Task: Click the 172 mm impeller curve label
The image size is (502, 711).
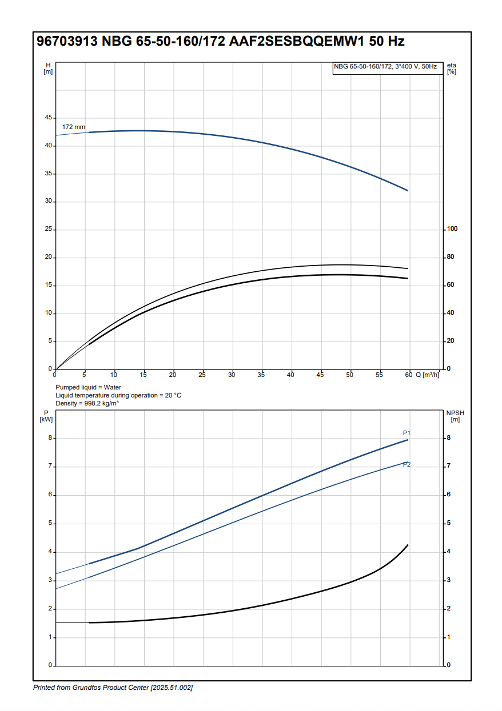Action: coord(73,127)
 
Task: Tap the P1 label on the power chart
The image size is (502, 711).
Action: coord(407,433)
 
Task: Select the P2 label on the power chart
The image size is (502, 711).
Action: coord(407,464)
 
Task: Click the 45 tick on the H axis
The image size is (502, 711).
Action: coord(48,118)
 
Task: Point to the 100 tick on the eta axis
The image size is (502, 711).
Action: coord(452,229)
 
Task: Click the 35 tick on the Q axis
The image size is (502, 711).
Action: coord(261,375)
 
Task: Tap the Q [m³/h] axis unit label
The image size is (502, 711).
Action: coord(427,375)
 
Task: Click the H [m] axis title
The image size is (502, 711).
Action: coord(48,68)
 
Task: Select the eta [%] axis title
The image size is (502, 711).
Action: coord(452,68)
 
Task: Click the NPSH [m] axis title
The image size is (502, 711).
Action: coord(454,416)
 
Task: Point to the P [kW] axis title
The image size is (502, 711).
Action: coord(46,416)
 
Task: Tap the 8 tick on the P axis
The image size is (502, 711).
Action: coord(50,438)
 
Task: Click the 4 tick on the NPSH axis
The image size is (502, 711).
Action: coord(448,552)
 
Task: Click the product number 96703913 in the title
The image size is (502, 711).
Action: coord(67,42)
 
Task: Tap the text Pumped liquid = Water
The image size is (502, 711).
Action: coord(88,387)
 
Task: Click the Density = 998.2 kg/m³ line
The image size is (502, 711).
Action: coord(87,403)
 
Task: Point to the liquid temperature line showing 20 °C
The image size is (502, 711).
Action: coord(118,395)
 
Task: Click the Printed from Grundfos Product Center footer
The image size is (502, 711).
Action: coord(113,688)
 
